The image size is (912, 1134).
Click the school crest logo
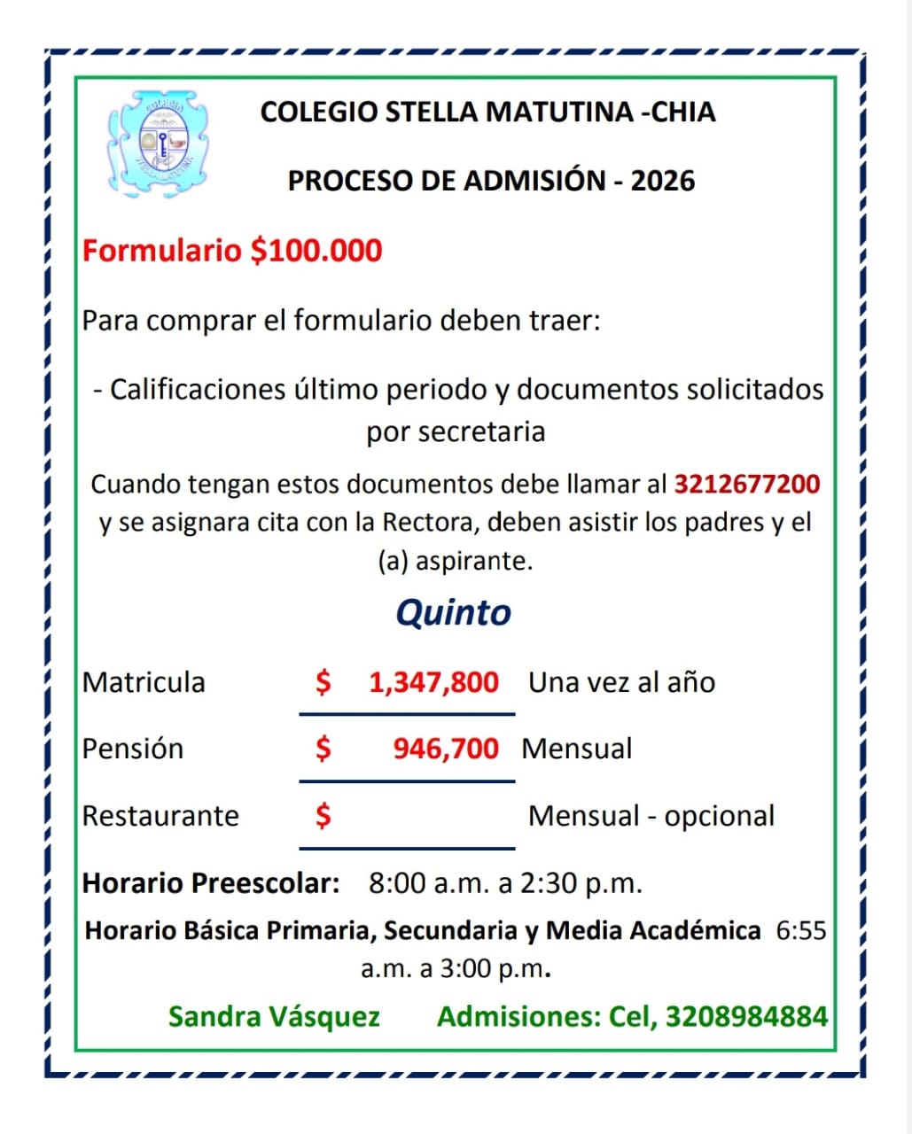[x=159, y=142]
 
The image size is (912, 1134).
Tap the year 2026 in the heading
[x=662, y=181]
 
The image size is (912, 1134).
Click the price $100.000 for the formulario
[x=316, y=251]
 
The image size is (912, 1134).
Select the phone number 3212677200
[x=747, y=485]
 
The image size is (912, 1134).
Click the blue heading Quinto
[x=453, y=612]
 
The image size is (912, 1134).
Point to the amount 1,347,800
[x=433, y=682]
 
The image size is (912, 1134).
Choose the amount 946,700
[x=446, y=749]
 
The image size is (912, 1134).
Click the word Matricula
[x=144, y=682]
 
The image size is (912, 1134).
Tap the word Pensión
[x=133, y=749]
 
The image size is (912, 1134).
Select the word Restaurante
[x=160, y=816]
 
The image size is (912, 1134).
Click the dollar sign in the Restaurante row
[x=323, y=814]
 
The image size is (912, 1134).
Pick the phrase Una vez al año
[x=621, y=682]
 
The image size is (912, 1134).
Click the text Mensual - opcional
[x=651, y=816]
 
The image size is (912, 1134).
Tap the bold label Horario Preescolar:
[x=211, y=883]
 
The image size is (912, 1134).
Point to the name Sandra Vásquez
[x=274, y=1016]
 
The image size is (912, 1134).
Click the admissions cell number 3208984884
[x=746, y=1016]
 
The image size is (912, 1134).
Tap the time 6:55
[x=800, y=931]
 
